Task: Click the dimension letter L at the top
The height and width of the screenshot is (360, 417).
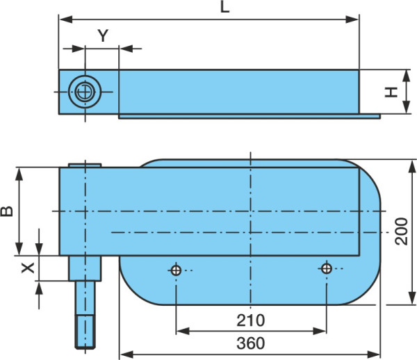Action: tap(224, 7)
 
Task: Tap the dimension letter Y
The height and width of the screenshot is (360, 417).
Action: tap(103, 35)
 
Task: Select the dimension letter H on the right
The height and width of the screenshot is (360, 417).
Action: tap(391, 92)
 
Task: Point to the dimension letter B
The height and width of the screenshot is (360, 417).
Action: tap(7, 211)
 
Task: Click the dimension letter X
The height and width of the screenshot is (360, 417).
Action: tap(28, 268)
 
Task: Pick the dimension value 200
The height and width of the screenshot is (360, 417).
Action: tap(401, 231)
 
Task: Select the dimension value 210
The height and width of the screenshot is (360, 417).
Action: tap(250, 320)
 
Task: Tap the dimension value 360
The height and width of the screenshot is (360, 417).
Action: tap(250, 343)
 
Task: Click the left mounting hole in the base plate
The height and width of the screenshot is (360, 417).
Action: tap(176, 270)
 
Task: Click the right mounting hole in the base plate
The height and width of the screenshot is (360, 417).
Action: tap(327, 268)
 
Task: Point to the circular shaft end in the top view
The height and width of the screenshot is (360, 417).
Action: tap(85, 92)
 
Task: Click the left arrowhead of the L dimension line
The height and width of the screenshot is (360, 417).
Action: tap(66, 19)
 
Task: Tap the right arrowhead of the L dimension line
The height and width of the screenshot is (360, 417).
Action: tap(352, 19)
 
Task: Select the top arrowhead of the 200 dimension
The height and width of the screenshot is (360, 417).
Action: tap(412, 167)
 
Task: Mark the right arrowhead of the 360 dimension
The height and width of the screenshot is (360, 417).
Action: tap(373, 354)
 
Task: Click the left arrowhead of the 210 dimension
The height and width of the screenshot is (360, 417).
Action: tap(183, 331)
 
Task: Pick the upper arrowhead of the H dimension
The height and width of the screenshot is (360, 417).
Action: tap(406, 76)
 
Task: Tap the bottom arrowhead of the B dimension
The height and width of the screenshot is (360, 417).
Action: tap(19, 249)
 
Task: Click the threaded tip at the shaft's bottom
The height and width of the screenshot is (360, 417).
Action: tap(85, 332)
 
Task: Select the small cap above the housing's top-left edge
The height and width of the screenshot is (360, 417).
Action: tap(85, 165)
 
